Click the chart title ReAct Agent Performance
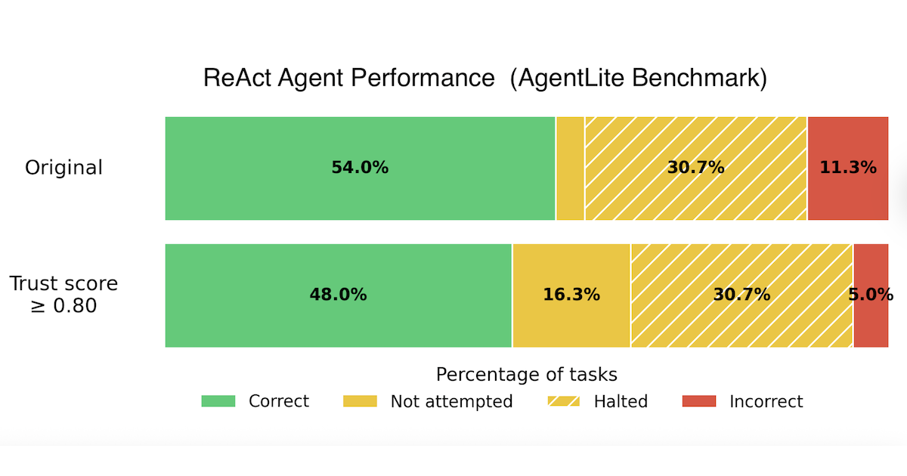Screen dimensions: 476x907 click(484, 79)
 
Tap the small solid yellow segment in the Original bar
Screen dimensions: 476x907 click(570, 168)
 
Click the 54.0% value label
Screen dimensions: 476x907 click(360, 168)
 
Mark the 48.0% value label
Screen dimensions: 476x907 click(338, 295)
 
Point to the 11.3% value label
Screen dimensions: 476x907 click(848, 168)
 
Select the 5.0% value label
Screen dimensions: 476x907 click(871, 295)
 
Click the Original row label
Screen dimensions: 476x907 click(63, 168)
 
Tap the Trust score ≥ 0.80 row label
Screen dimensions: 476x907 click(63, 295)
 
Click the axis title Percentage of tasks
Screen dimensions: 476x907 click(526, 375)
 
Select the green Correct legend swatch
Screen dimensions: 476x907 click(218, 401)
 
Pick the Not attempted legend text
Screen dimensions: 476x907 click(451, 401)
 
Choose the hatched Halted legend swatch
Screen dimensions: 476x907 click(562, 401)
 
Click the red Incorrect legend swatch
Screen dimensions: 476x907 click(699, 401)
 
